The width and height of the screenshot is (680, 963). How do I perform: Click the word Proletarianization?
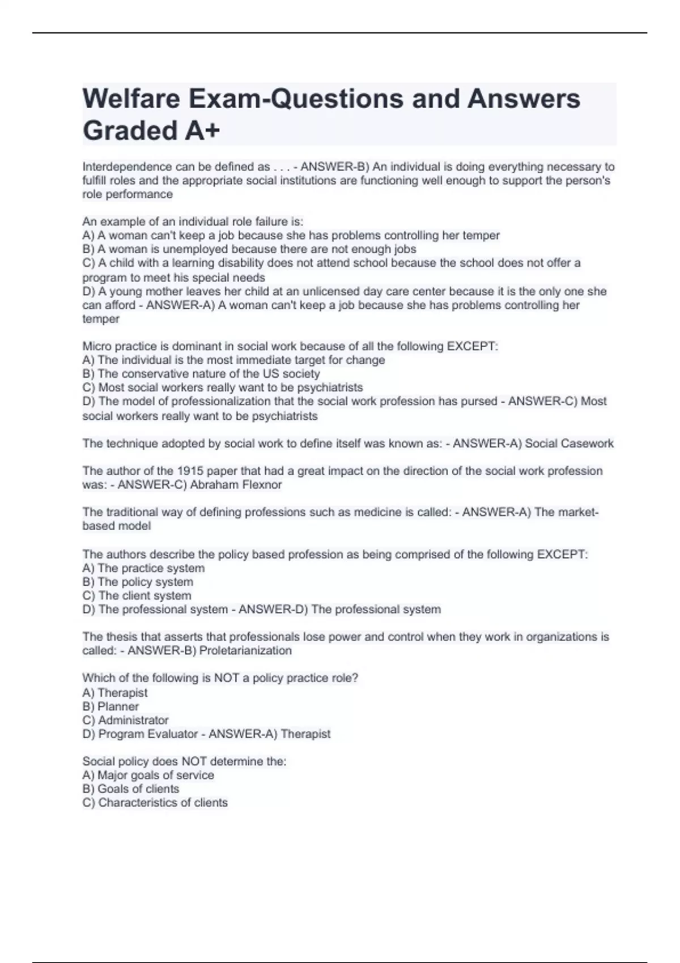[245, 650]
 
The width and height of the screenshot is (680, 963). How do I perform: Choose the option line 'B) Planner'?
[110, 706]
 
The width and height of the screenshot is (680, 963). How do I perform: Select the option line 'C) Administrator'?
[125, 720]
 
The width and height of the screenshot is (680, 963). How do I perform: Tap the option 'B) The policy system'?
[138, 582]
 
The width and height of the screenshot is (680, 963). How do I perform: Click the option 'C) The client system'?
[137, 595]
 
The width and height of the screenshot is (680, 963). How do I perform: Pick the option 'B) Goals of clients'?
[130, 789]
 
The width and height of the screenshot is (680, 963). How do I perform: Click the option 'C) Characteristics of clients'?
[155, 802]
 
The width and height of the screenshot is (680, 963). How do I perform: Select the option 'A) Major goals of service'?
[148, 775]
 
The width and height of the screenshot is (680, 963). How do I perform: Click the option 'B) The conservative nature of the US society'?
[201, 374]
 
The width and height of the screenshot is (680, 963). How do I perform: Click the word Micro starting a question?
[97, 346]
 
